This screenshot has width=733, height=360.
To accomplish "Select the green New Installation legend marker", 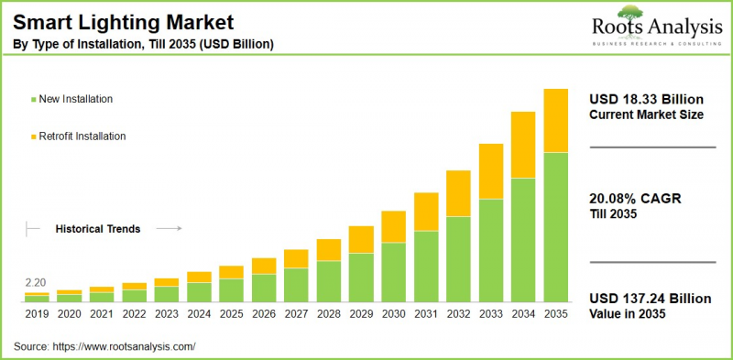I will point(34,99).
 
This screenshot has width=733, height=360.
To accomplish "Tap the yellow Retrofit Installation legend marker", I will point(34,136).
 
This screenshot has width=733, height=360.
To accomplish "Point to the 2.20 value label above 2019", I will point(36,282).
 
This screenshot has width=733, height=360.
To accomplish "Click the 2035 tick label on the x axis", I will point(555,313).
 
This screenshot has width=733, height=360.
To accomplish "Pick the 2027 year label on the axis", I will point(296,313).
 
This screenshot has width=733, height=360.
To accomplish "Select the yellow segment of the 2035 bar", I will point(555,120).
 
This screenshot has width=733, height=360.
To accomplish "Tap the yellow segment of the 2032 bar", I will point(458,192).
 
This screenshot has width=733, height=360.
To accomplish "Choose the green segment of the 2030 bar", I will point(393,272).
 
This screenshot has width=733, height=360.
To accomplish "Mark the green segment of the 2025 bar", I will point(231,289).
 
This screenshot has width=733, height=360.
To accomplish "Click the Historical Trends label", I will point(98,229).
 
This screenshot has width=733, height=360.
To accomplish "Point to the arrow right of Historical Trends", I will point(169,229).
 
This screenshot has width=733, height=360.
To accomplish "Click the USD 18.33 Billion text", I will point(647,98).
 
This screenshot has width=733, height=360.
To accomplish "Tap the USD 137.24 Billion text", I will point(650,299).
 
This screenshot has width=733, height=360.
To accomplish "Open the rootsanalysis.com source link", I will point(125,346).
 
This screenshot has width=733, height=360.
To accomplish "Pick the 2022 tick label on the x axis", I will point(134,313).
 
